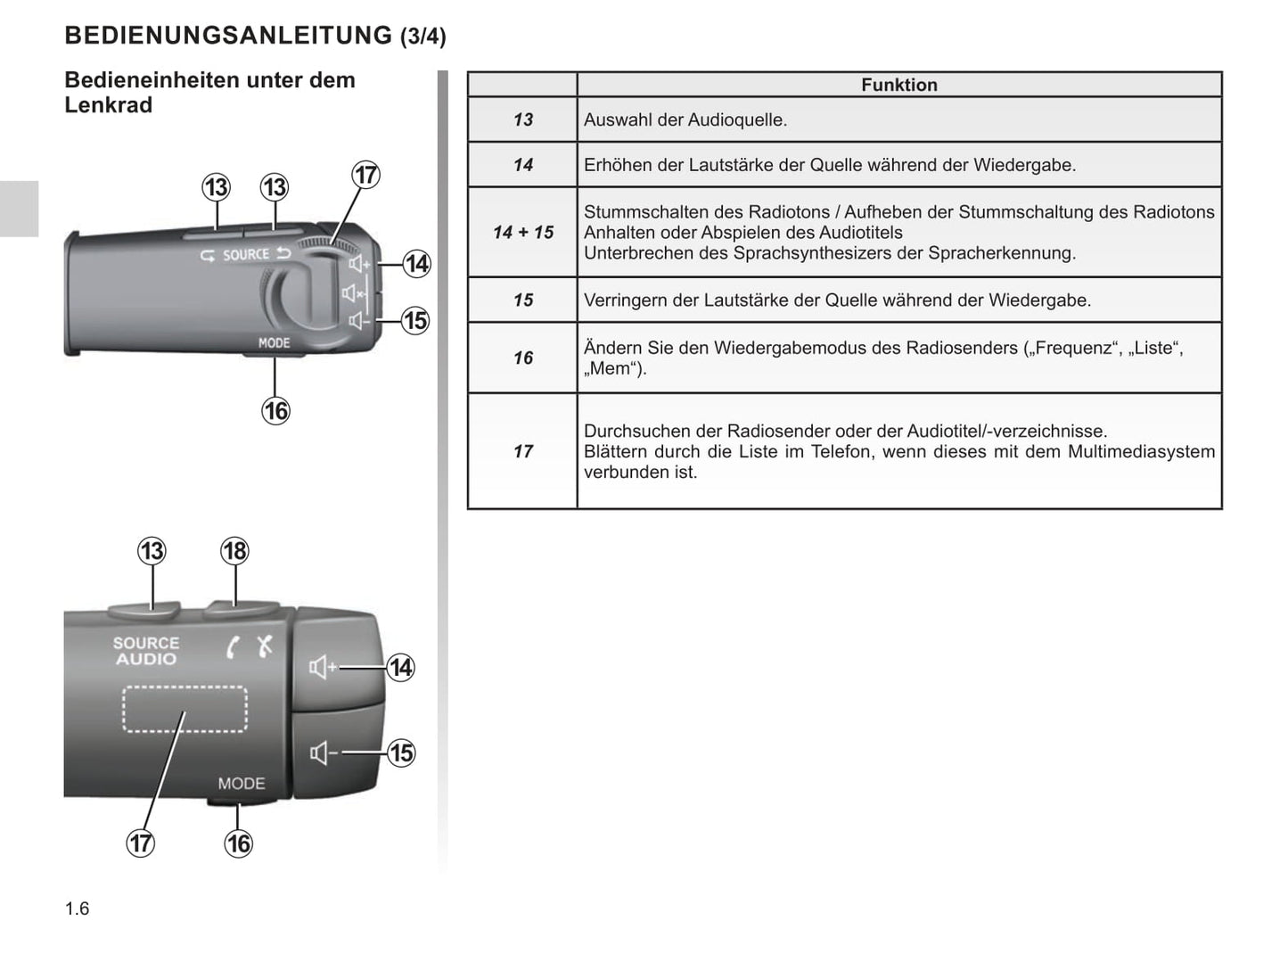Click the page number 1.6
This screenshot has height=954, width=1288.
(x=78, y=909)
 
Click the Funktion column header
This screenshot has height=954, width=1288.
(x=898, y=85)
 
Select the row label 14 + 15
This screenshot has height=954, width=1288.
(x=523, y=232)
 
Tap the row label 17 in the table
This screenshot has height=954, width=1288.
(x=523, y=451)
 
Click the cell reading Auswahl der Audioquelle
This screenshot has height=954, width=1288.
(x=685, y=119)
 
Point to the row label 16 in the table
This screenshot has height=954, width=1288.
(x=523, y=358)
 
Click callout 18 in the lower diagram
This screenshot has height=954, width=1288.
(x=234, y=551)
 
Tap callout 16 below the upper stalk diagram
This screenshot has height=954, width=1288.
(x=275, y=410)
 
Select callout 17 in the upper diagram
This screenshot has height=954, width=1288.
(x=366, y=175)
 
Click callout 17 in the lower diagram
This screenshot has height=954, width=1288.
(x=141, y=843)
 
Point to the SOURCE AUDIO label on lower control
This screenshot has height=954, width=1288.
(x=146, y=651)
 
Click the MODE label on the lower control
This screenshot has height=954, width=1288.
(x=242, y=784)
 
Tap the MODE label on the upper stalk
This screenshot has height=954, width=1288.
(x=274, y=342)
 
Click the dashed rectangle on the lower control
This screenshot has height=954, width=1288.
(x=185, y=710)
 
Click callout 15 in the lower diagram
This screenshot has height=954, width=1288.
(x=401, y=753)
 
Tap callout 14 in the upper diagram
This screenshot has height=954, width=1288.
(x=416, y=264)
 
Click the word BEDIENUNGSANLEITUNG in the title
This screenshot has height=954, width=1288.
(x=228, y=36)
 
